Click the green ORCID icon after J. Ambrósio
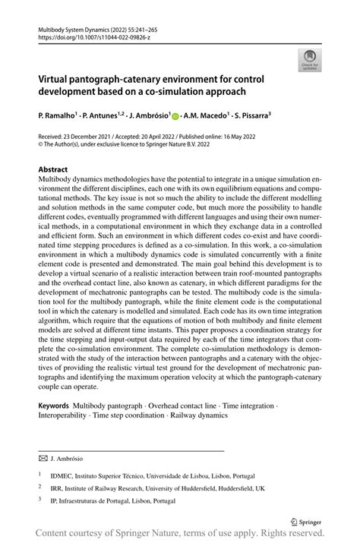(175, 117)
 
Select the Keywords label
(54, 407)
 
